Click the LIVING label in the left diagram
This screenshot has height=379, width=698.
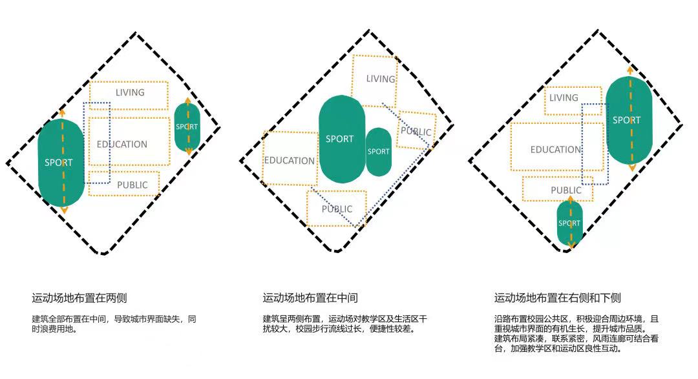click(x=130, y=92)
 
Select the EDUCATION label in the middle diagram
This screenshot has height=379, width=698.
click(x=289, y=160)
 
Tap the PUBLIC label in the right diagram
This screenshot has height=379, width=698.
click(x=566, y=190)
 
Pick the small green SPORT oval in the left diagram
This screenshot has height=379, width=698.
click(x=187, y=127)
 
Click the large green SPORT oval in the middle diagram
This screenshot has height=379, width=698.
click(x=341, y=139)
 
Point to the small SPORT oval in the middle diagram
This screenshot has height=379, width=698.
click(x=379, y=152)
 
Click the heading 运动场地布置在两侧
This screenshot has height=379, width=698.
click(x=79, y=298)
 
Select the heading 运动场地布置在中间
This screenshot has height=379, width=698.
click(x=310, y=298)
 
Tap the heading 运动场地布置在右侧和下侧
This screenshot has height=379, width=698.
click(x=557, y=298)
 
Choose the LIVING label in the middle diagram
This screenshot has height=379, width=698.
click(x=380, y=79)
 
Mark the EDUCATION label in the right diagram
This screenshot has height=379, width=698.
click(x=555, y=150)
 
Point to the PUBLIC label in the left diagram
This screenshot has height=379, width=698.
click(x=132, y=185)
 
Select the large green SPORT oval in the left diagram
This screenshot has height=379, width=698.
click(x=59, y=163)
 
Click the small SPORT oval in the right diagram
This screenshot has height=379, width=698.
click(x=569, y=223)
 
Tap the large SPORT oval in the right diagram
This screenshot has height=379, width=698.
click(x=628, y=120)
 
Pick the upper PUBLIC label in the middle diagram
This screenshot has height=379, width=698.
click(x=416, y=132)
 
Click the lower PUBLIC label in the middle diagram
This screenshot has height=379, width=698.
click(x=337, y=209)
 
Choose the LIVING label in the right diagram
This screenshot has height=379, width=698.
click(x=564, y=98)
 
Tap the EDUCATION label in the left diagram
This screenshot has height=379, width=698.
click(x=122, y=145)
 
